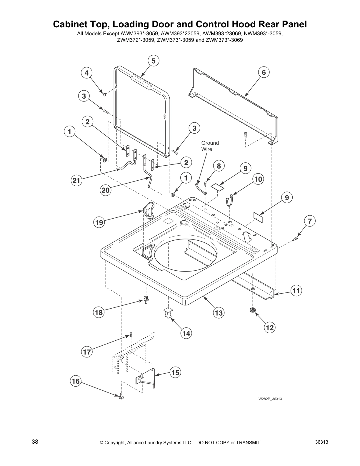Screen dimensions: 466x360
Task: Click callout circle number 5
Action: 153,61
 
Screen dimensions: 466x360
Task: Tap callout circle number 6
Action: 264,72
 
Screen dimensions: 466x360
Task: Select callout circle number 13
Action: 219,313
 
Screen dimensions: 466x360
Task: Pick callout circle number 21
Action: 76,180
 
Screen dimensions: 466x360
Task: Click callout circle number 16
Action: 76,381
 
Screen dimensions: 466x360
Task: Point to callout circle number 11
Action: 296,291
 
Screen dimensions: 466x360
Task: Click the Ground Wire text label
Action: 210,146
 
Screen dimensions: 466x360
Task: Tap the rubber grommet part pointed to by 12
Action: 252,310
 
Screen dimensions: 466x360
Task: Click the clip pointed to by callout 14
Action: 167,312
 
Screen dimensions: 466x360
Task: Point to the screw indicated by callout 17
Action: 131,334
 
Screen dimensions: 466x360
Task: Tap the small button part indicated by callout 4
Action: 104,94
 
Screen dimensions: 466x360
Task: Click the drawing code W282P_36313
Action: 268,399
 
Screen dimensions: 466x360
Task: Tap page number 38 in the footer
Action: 35,442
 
